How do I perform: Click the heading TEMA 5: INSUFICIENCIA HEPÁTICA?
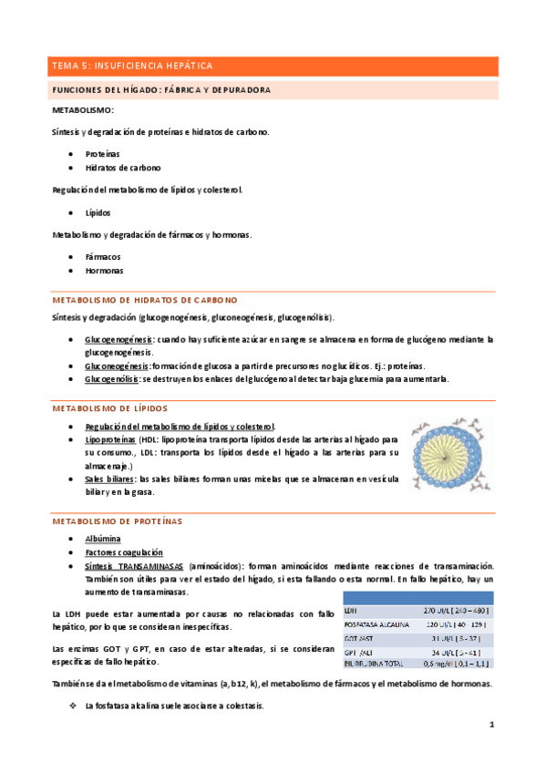tap(132, 67)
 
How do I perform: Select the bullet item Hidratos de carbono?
tap(123, 169)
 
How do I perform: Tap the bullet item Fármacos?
tap(103, 257)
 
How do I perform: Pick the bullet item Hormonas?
tap(104, 272)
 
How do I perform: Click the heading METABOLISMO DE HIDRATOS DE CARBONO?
tap(145, 300)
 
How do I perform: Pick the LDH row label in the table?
tap(351, 610)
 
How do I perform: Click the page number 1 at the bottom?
tap(491, 726)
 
